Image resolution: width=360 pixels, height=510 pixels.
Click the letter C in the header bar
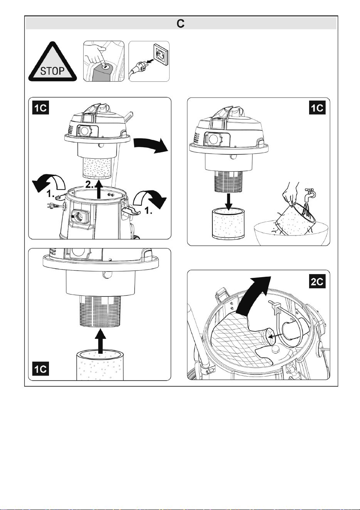click(x=180, y=24)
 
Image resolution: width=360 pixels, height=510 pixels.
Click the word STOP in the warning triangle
click(x=52, y=71)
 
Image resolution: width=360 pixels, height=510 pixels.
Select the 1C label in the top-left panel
click(x=41, y=108)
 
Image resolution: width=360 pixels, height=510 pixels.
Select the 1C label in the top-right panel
click(x=317, y=108)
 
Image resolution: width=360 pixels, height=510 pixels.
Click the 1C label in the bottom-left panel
click(x=41, y=369)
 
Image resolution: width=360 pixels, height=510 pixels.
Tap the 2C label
click(x=317, y=282)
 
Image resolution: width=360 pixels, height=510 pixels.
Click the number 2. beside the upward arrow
click(x=90, y=184)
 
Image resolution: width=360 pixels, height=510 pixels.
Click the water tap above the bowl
click(x=310, y=194)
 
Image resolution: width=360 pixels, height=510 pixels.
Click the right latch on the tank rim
click(x=131, y=210)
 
